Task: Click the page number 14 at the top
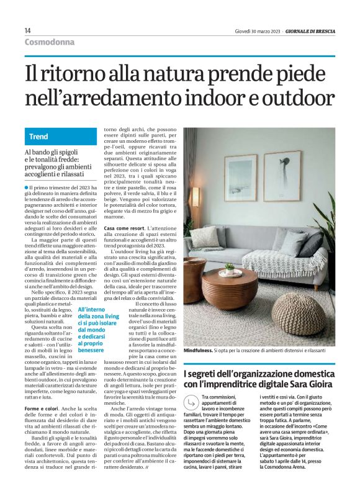click(28, 30)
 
